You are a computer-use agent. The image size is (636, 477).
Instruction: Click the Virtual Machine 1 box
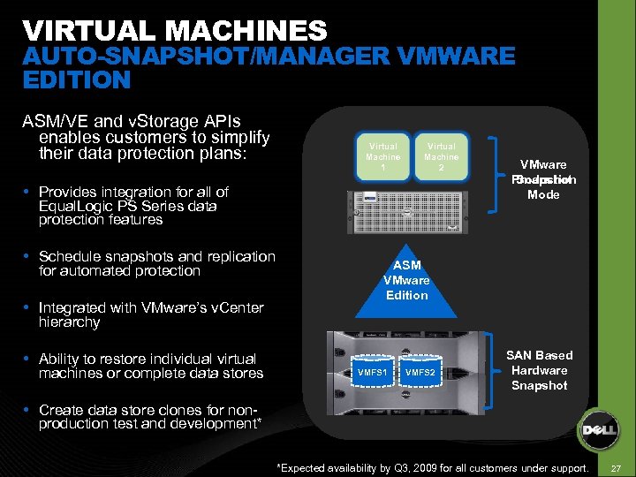383,157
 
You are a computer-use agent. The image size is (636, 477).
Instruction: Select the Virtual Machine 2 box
442,157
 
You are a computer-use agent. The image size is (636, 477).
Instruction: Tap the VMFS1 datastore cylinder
371,372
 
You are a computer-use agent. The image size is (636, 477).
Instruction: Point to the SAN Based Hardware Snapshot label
539,370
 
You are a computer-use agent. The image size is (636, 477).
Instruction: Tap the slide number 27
617,466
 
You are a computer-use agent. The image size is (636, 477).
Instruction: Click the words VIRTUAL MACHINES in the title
175,32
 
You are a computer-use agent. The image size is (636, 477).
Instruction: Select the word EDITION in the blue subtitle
77,80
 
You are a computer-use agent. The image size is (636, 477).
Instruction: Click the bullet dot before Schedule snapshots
29,257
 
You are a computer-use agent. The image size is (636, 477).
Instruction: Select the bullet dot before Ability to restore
29,360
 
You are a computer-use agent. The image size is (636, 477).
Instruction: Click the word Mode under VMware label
543,194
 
